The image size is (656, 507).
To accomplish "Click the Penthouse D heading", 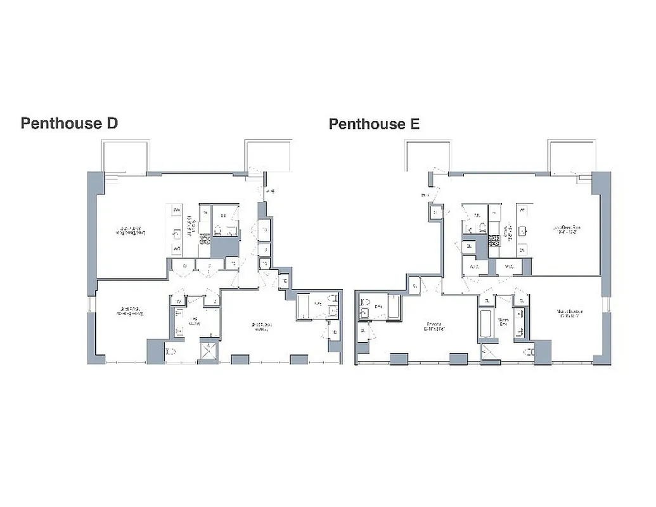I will tap(69, 123).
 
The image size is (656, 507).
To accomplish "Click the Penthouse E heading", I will tap(374, 124).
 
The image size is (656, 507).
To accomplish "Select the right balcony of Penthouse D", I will tap(269, 157).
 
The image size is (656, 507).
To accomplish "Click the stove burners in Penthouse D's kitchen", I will tap(205, 239).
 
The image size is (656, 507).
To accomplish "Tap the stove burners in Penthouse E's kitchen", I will tap(494, 240).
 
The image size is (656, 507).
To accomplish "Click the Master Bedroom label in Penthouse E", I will tap(570, 314).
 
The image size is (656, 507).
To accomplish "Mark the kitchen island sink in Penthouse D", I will tap(177, 234).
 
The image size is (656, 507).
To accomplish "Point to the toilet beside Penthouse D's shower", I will tap(171, 352).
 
